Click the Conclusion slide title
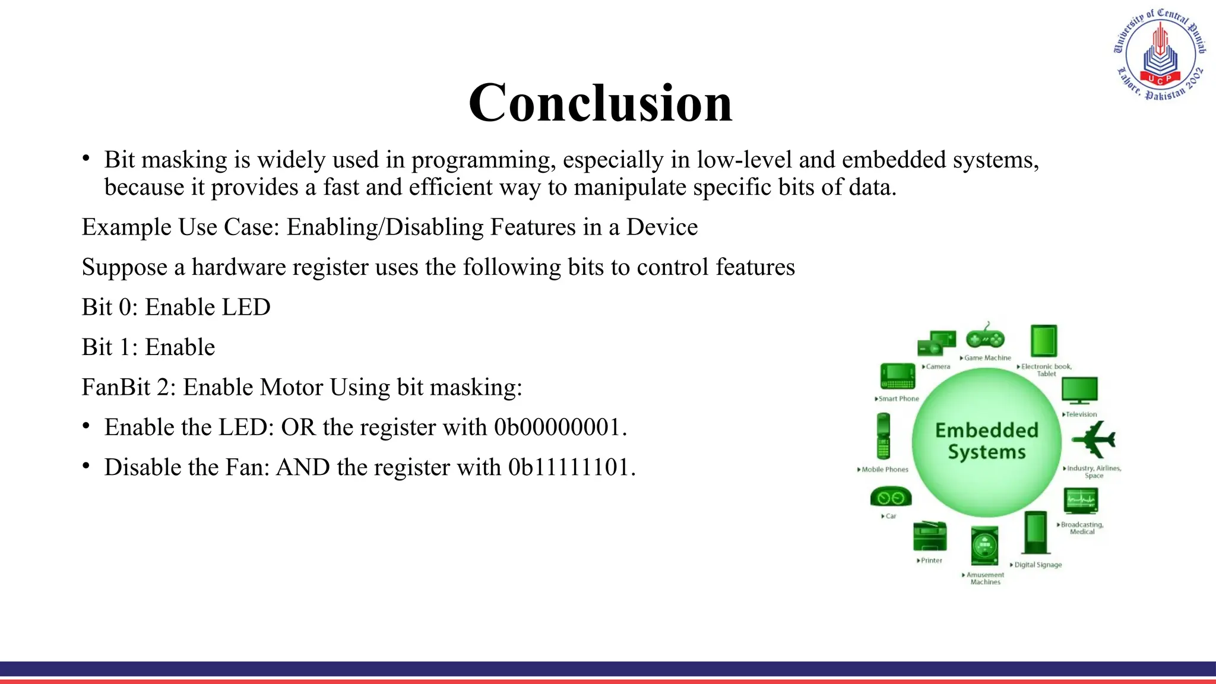coord(600,103)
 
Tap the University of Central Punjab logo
coord(1160,55)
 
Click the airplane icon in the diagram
coord(1094,440)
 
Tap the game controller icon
coord(985,338)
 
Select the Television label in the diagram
coord(1081,414)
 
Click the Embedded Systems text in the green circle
coord(987,441)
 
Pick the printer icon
coord(929,536)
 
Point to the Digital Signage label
coord(1038,565)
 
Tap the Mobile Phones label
coord(885,470)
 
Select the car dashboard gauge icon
coord(890,498)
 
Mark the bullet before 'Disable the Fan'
coord(87,466)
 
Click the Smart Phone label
coord(898,399)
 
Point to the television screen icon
coord(1079,391)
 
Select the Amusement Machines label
coord(985,578)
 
